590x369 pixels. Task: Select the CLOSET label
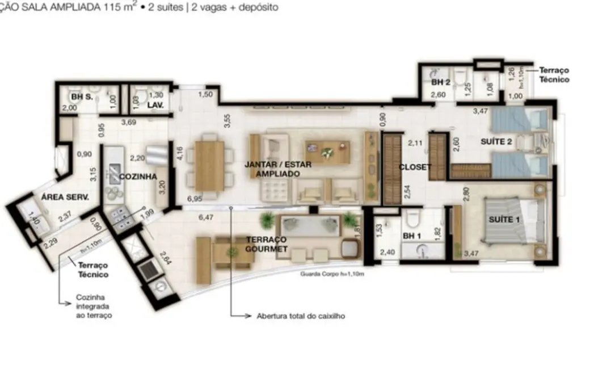[x=414, y=167]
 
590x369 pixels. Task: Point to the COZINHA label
[x=138, y=177]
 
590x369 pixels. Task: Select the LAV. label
[x=155, y=106]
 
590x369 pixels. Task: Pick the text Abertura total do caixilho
[x=301, y=316]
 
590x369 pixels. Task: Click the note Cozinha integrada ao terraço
[x=93, y=306]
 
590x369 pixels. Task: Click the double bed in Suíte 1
[x=513, y=221]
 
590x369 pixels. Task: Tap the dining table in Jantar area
[x=209, y=165]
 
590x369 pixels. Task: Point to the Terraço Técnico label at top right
[x=554, y=75]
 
